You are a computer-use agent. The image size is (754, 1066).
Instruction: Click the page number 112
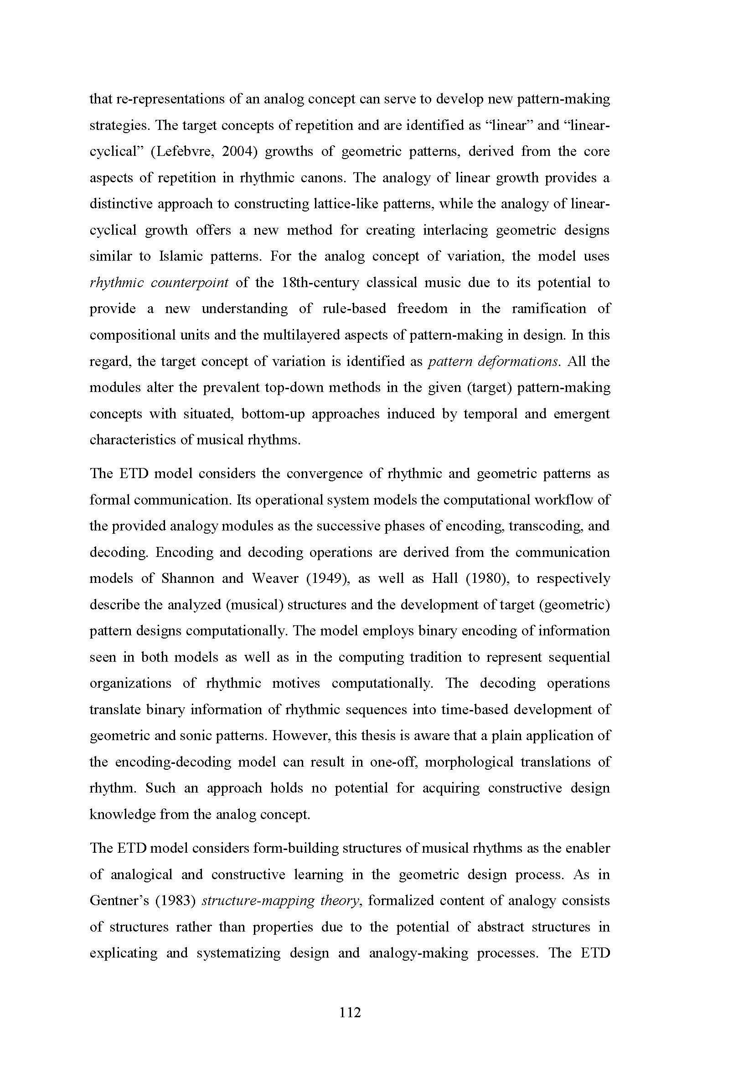pyautogui.click(x=350, y=1012)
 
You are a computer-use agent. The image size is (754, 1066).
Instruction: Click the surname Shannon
pyautogui.click(x=187, y=578)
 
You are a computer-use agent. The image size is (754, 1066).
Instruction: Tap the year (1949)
pyautogui.click(x=328, y=578)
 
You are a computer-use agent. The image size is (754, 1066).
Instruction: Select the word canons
pyautogui.click(x=326, y=178)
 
